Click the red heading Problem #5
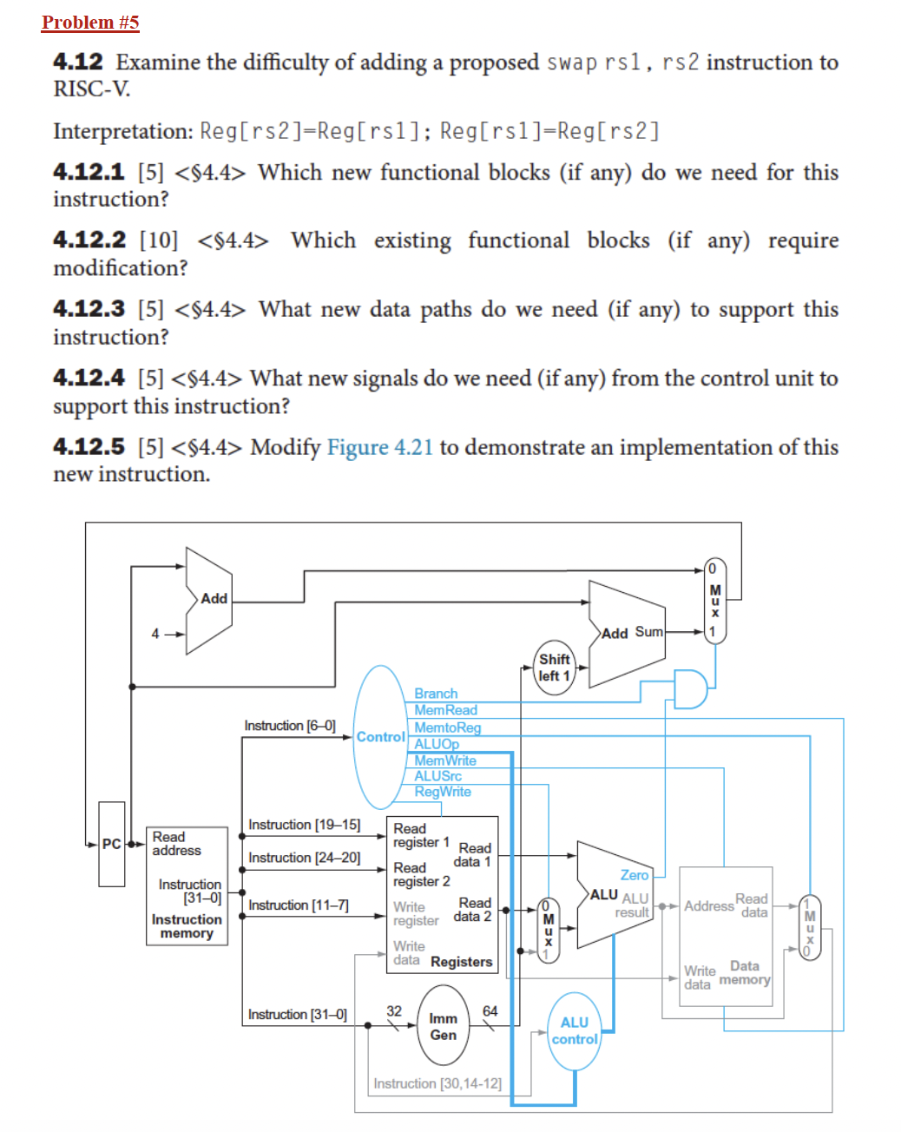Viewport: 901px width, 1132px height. [x=90, y=23]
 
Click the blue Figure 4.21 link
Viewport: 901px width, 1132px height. [x=379, y=447]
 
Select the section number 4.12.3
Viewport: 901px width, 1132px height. [x=89, y=309]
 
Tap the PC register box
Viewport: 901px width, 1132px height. [x=112, y=844]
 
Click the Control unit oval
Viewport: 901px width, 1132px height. [x=380, y=737]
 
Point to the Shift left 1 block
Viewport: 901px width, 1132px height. [x=554, y=668]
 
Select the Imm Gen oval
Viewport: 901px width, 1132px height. [x=443, y=1026]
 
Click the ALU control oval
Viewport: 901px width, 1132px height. [x=574, y=1031]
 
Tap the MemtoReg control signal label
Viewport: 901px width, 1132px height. [x=447, y=727]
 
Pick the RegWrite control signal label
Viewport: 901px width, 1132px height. [x=443, y=792]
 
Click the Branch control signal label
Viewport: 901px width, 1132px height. [x=436, y=694]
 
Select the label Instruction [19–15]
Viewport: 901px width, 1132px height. [x=304, y=825]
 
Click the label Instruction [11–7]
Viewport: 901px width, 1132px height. [x=299, y=905]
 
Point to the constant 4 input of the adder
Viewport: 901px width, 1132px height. [x=155, y=634]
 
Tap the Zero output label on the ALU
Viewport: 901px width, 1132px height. [x=634, y=875]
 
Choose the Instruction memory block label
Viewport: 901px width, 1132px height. [x=187, y=926]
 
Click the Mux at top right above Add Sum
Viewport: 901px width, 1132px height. [x=714, y=601]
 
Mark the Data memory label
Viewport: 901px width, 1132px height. [x=745, y=972]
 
